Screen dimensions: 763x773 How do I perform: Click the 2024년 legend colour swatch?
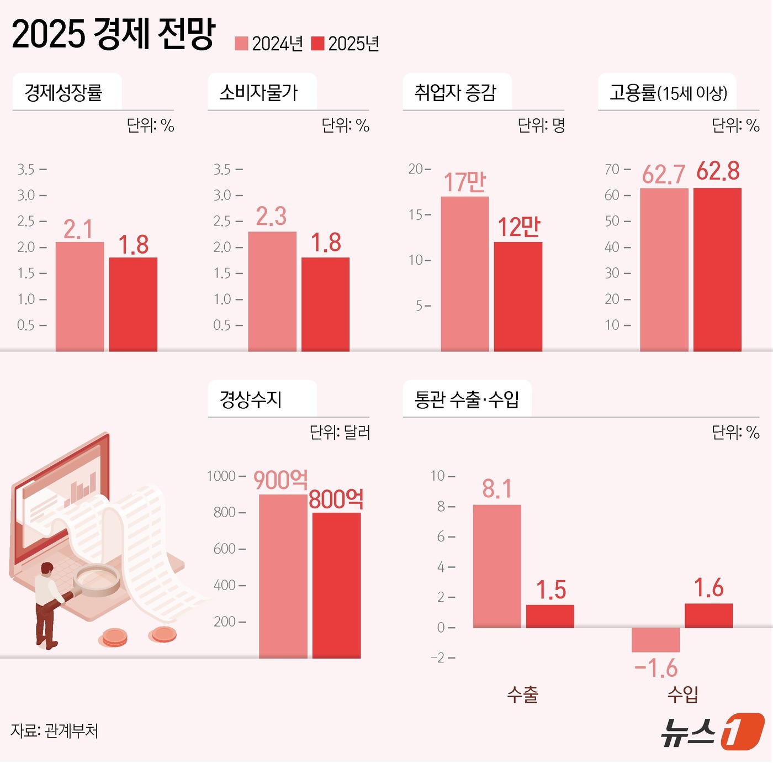coord(241,44)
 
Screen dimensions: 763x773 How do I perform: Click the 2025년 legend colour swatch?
coord(317,44)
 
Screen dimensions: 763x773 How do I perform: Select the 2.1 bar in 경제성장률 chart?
coord(80,296)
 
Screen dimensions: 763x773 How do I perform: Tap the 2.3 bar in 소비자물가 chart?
coord(272,291)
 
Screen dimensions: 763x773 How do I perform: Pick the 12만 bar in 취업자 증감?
coord(518,296)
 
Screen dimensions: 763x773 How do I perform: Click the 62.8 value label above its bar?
coord(717,171)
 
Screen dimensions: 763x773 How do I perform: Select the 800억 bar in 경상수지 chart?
coord(336,585)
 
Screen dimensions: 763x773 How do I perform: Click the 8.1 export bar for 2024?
coord(497,566)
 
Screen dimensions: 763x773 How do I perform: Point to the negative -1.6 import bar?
coord(655,640)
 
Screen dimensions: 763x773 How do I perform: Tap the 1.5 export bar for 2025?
coord(550,616)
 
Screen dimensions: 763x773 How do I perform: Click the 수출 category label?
coord(522,694)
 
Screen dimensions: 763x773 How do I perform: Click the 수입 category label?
coord(682,694)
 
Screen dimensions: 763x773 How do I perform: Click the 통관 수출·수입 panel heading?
coord(467,399)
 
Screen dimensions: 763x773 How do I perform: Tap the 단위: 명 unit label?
coord(541,126)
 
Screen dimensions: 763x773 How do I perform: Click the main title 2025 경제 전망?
coord(113,34)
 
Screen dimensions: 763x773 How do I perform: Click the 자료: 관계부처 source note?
coord(54,731)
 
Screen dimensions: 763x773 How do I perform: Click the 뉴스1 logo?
coord(712,732)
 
